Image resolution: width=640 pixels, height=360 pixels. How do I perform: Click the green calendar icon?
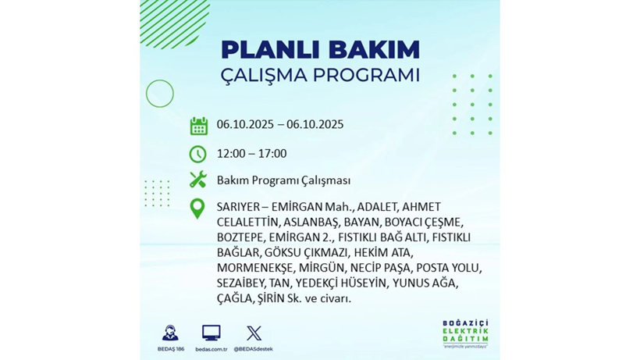(x=198, y=126)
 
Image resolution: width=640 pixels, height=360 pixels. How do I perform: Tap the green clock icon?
(x=198, y=154)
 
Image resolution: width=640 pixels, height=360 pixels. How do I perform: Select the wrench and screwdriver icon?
(x=198, y=180)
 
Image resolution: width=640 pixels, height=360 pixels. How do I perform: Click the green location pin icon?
(x=198, y=208)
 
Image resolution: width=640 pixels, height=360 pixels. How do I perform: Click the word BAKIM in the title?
(x=373, y=50)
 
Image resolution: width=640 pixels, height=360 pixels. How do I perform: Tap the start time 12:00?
(x=232, y=154)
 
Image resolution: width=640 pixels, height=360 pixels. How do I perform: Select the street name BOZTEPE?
(x=240, y=237)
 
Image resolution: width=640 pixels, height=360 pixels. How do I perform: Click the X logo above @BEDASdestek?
(x=254, y=333)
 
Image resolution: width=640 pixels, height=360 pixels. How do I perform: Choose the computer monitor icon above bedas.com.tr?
(x=211, y=333)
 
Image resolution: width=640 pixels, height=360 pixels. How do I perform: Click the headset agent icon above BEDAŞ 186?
(x=169, y=333)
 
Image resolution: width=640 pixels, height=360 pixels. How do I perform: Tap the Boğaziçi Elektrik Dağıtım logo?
(x=465, y=334)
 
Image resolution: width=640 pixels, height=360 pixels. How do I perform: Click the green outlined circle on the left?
(x=159, y=94)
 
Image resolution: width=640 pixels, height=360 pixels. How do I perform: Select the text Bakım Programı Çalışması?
(x=283, y=180)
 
